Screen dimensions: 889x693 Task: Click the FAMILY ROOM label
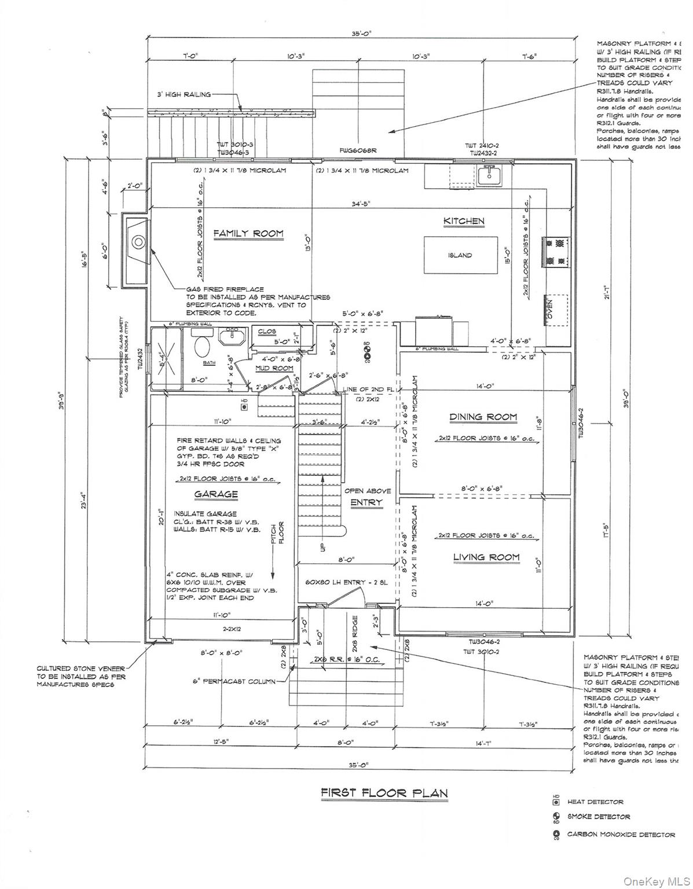coord(248,234)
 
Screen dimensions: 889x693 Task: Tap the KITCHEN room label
coord(464,221)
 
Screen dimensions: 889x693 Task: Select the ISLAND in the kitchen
coord(460,255)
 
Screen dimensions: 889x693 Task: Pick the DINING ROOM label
coord(483,417)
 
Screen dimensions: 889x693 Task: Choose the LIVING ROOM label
coord(486,557)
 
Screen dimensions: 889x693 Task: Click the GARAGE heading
coord(216,494)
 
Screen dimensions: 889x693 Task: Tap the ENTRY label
coord(366,502)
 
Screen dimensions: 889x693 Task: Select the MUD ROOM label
coord(275,369)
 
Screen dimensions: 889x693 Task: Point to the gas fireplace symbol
coord(137,242)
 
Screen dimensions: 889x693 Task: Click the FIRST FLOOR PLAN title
coord(384,793)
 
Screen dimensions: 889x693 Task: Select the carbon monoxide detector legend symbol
coord(556,834)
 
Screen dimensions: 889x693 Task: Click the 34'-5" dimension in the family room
coord(360,204)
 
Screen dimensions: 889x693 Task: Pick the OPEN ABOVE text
coord(368,491)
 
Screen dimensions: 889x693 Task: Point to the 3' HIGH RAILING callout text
coord(184,94)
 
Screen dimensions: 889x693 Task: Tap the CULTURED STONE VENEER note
coord(80,675)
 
